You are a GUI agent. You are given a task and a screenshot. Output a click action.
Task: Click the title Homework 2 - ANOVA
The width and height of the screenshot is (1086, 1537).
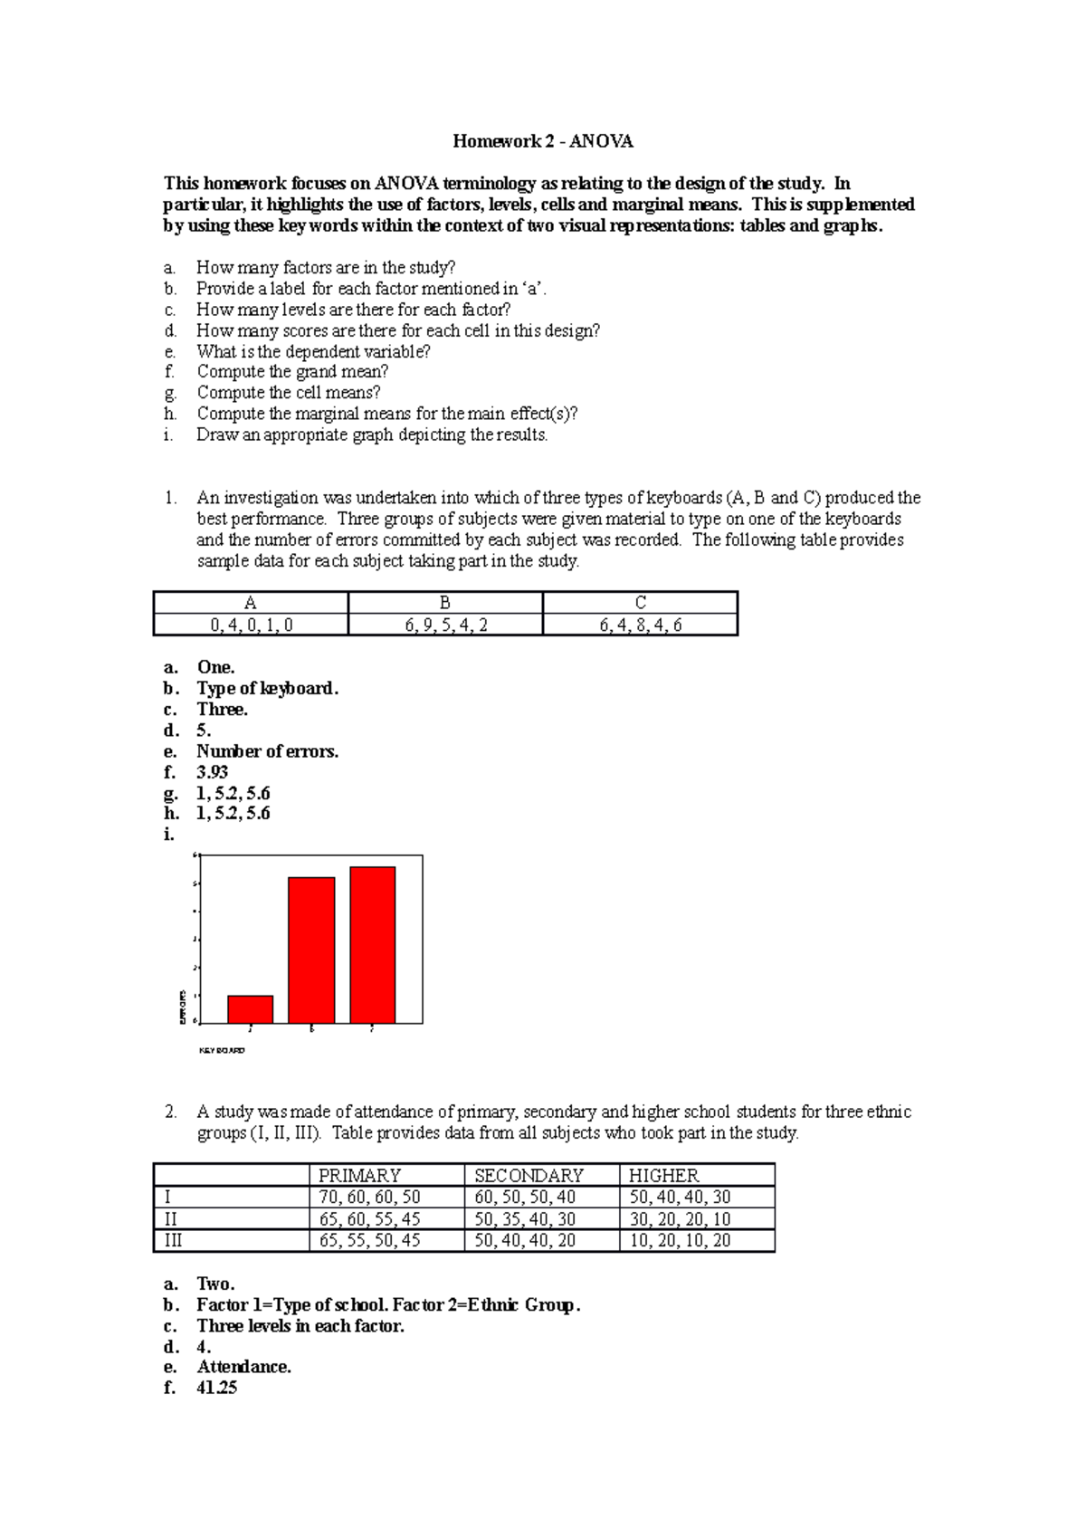543,141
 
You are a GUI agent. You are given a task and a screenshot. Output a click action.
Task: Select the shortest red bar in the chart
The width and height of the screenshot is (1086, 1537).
250,1009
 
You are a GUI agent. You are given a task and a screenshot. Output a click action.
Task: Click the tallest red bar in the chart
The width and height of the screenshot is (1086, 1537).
373,945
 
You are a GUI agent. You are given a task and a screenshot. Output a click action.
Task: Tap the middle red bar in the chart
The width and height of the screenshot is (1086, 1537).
311,950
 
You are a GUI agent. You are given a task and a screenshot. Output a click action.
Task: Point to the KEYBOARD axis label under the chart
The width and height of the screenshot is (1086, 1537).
222,1051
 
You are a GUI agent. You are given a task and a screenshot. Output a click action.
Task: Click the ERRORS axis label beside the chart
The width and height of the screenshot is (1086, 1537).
184,1007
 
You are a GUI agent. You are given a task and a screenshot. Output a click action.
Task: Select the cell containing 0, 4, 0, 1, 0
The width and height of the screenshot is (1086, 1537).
251,625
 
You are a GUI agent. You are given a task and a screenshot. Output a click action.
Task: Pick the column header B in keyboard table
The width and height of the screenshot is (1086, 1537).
445,603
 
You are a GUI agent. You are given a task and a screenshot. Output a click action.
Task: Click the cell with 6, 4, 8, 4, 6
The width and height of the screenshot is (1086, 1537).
640,625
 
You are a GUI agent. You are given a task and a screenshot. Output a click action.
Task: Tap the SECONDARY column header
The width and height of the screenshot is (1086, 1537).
529,1175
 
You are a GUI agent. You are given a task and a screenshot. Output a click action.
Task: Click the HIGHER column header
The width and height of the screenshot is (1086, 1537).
663,1175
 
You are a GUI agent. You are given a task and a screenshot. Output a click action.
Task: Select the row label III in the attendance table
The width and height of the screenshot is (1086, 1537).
173,1240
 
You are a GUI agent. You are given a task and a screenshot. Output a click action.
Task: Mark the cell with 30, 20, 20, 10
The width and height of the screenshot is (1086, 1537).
680,1218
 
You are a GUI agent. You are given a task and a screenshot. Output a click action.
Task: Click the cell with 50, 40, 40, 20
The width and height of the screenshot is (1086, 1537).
525,1240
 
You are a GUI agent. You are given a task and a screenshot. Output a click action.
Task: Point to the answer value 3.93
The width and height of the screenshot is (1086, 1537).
212,772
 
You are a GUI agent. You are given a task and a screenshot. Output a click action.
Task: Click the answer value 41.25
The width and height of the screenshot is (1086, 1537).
216,1388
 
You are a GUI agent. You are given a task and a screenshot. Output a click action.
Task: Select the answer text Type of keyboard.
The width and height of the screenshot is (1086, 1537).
267,689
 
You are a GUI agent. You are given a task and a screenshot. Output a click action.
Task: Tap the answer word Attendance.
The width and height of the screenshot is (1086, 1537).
243,1367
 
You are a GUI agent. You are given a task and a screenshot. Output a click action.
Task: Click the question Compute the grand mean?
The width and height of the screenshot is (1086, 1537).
292,372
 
